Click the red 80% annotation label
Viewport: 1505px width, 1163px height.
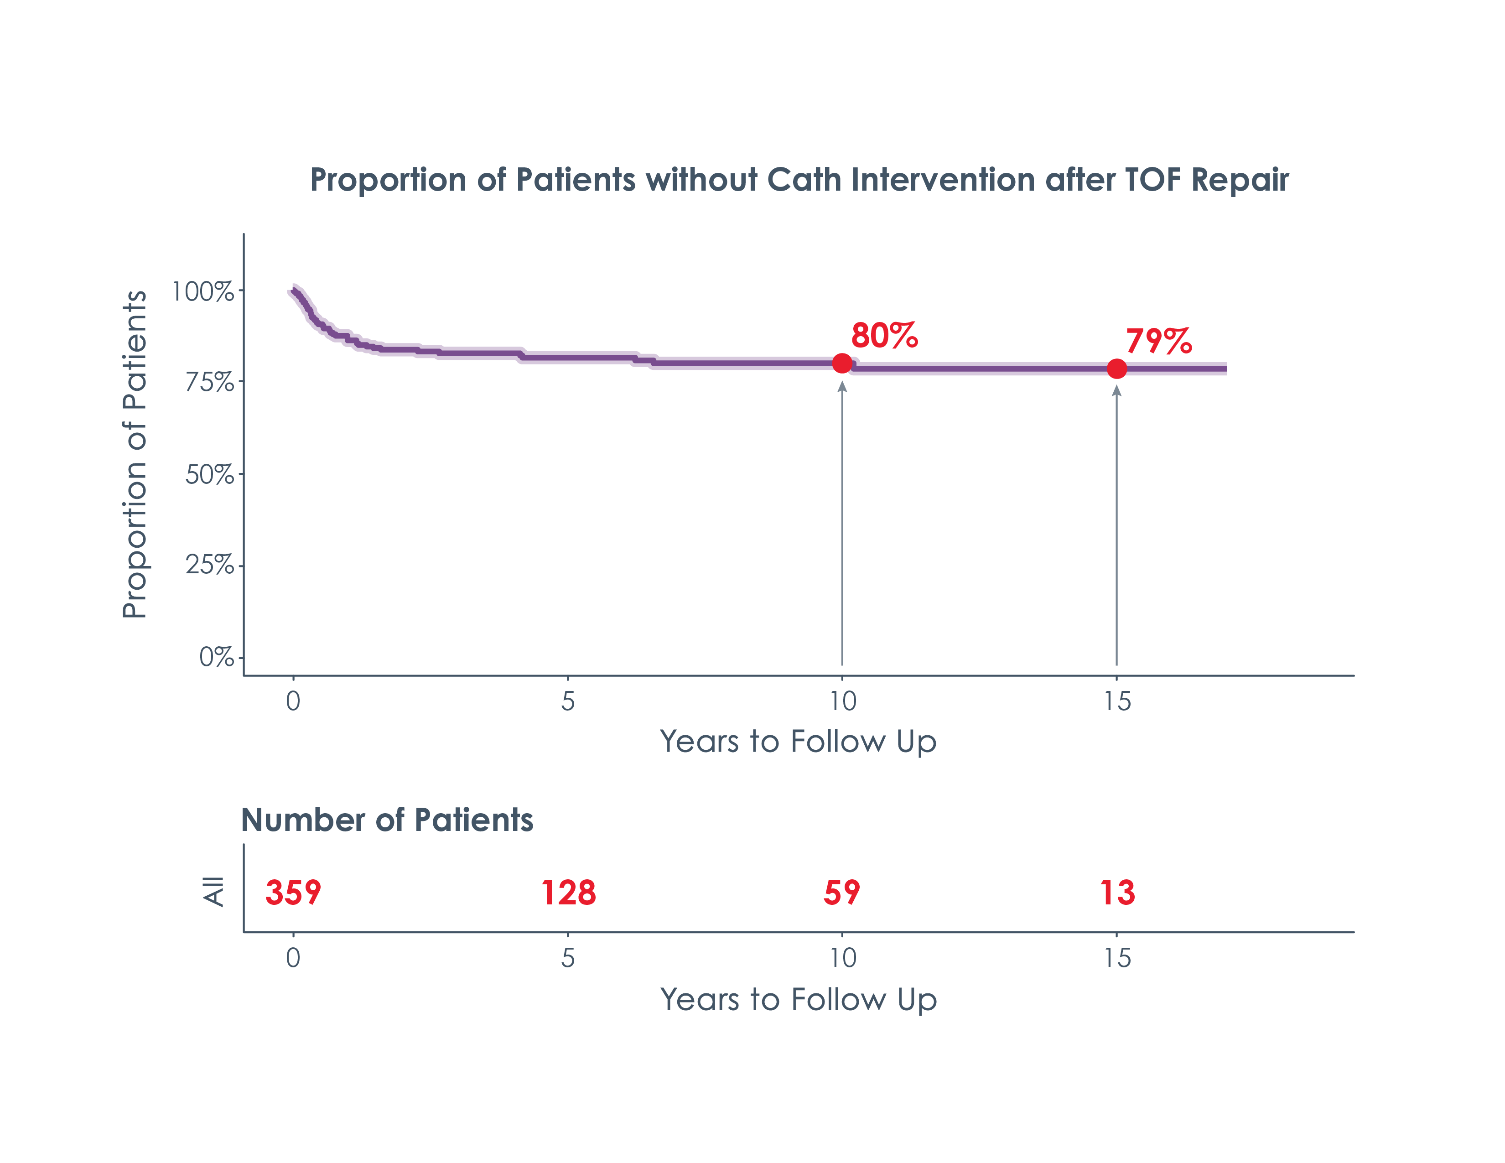click(x=884, y=336)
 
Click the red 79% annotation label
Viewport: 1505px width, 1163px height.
click(x=1158, y=341)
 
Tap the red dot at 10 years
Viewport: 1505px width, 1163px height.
click(x=842, y=363)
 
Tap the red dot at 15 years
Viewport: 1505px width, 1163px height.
click(x=1116, y=369)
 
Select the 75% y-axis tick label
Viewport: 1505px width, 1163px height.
click(x=209, y=382)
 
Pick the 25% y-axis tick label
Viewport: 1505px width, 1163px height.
click(x=209, y=565)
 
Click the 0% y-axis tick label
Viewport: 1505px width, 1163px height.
click(x=216, y=657)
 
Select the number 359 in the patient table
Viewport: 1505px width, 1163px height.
click(x=293, y=893)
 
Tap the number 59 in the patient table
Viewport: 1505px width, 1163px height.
click(x=841, y=893)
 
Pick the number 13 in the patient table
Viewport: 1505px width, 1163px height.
click(x=1117, y=893)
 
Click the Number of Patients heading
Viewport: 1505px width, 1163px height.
click(x=387, y=820)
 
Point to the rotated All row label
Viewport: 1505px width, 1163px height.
click(x=213, y=892)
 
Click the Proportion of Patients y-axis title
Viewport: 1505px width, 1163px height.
click(x=135, y=455)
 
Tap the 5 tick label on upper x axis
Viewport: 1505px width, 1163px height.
click(x=567, y=701)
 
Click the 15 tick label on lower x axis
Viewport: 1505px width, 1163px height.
click(x=1117, y=958)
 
